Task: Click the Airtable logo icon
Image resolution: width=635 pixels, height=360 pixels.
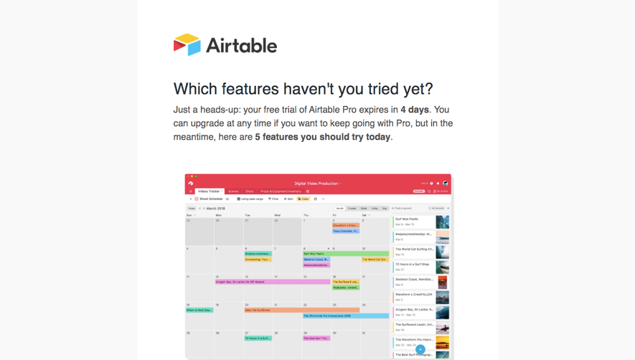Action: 187,44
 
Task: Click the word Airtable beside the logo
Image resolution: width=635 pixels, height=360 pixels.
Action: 241,46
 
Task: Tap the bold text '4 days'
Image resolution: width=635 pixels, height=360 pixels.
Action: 415,110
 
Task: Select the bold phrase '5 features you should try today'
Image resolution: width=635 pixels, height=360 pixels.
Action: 323,137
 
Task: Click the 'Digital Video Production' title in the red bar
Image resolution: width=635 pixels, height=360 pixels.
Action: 316,184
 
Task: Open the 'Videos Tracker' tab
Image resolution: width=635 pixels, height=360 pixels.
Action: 209,191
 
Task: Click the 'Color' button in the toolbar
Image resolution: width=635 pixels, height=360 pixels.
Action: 304,199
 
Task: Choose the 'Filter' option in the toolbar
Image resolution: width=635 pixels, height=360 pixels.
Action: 273,199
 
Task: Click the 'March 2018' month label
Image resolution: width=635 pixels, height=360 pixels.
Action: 215,208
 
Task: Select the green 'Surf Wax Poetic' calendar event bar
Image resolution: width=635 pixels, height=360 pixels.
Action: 345,253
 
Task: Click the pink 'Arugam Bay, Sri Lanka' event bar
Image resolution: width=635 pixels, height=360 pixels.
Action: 273,282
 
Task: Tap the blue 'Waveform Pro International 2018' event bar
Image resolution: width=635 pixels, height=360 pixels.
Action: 345,316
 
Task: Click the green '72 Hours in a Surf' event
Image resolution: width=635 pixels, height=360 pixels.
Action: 258,338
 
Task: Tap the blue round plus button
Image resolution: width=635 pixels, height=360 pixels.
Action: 420,350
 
